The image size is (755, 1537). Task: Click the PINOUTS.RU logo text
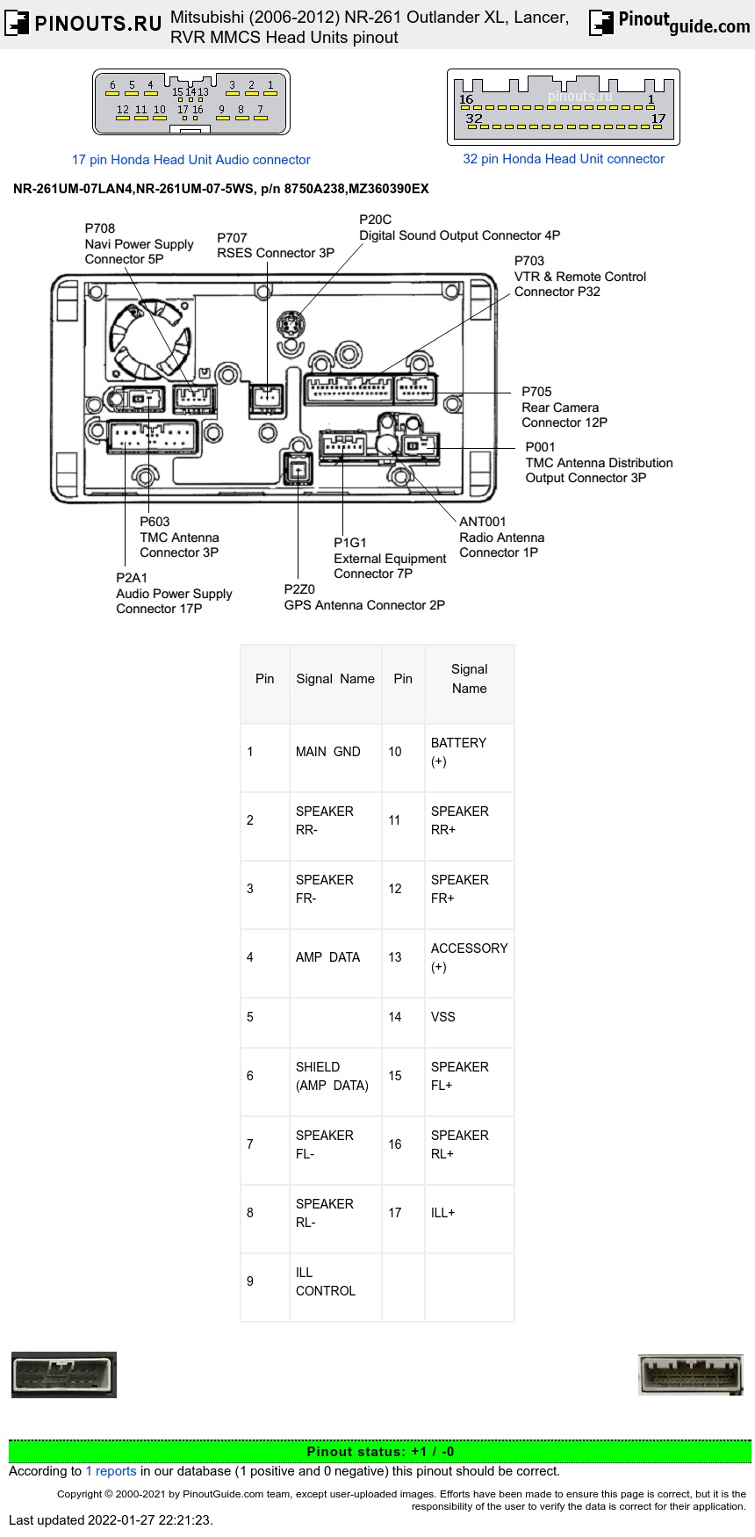point(97,24)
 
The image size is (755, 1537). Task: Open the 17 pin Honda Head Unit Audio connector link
point(191,160)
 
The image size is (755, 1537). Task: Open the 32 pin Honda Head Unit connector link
point(564,159)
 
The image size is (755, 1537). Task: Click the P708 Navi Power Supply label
point(138,243)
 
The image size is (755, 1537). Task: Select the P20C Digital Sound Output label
point(459,227)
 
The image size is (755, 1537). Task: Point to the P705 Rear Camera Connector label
point(564,407)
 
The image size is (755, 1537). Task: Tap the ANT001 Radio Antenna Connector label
point(501,537)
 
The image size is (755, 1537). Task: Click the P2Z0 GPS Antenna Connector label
point(363,597)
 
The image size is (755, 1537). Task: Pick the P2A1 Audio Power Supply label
point(174,593)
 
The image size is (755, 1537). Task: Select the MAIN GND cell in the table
point(328,752)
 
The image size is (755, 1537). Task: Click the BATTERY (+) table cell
point(458,752)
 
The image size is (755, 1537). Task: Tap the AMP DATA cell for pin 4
point(328,957)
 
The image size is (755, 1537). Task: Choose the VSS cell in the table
point(443,1017)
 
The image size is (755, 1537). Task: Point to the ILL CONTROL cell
point(326,1281)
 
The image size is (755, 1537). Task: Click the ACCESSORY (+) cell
point(469,957)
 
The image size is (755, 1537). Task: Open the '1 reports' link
point(111,1471)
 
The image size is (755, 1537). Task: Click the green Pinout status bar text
point(380,1452)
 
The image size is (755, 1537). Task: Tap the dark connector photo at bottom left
point(64,1375)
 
